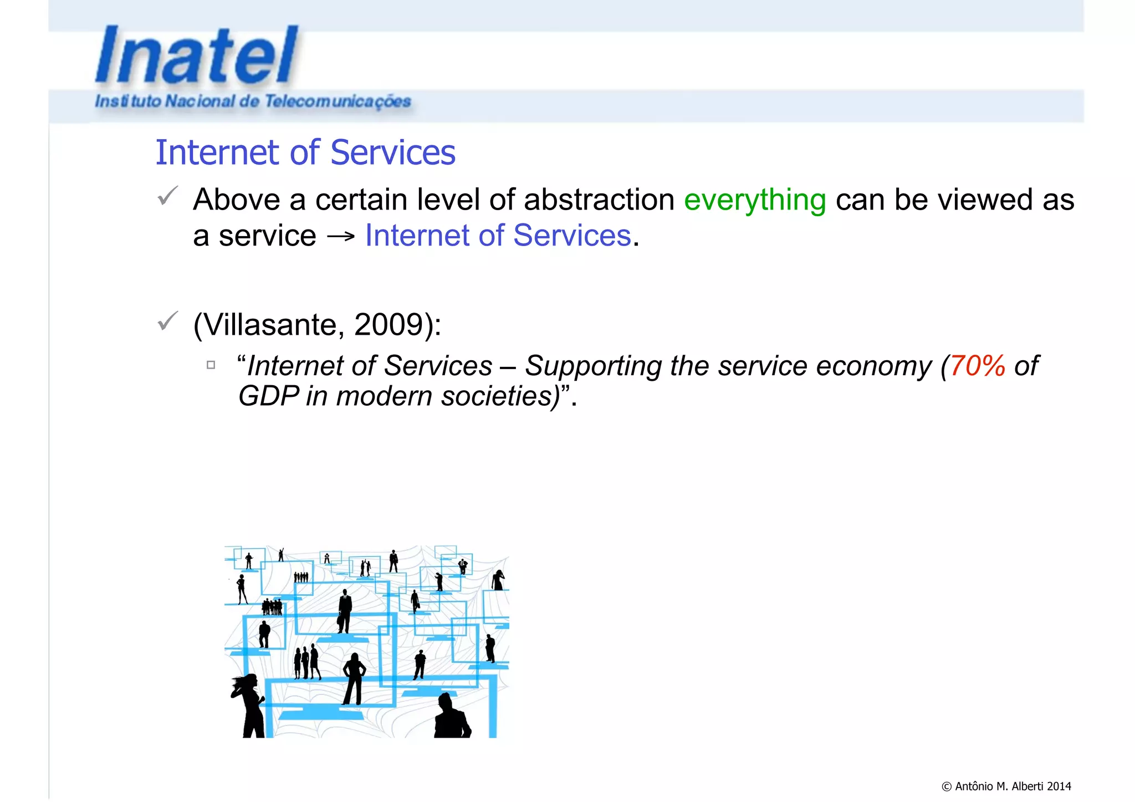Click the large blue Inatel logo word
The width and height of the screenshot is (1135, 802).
coord(197,55)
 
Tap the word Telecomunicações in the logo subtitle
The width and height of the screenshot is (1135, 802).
coord(338,101)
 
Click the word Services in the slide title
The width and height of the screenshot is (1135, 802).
coord(393,152)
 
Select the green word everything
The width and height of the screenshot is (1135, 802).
coord(755,200)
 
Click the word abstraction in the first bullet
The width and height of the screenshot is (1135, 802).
coord(599,200)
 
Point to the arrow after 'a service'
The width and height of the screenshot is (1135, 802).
coord(341,237)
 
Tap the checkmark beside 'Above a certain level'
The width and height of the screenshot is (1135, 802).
coord(167,196)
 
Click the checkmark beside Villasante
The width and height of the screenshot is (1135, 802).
coord(167,321)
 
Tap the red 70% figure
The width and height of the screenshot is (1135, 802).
coord(978,366)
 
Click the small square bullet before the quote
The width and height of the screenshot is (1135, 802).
coord(211,365)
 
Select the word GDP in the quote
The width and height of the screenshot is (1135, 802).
coord(268,396)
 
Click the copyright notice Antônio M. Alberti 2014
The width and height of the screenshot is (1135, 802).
coord(1006,786)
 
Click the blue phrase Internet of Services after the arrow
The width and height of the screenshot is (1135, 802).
coord(498,236)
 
